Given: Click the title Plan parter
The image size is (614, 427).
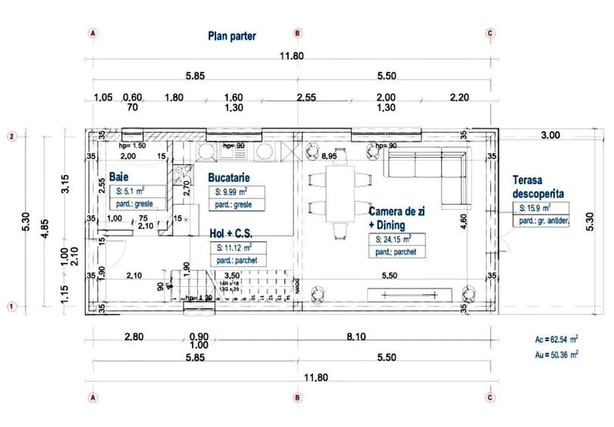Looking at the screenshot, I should tap(232, 36).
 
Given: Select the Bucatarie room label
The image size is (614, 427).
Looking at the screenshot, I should tap(230, 177).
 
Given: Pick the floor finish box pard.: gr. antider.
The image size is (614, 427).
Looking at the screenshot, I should tap(544, 221).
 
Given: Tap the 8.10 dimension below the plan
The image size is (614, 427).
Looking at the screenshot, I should tap(394, 336).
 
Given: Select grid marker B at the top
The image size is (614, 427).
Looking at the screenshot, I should tap(298, 33).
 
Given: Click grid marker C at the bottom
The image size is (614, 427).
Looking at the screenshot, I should tap(490, 397).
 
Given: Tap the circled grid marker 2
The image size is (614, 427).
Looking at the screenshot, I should tap(12, 137).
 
